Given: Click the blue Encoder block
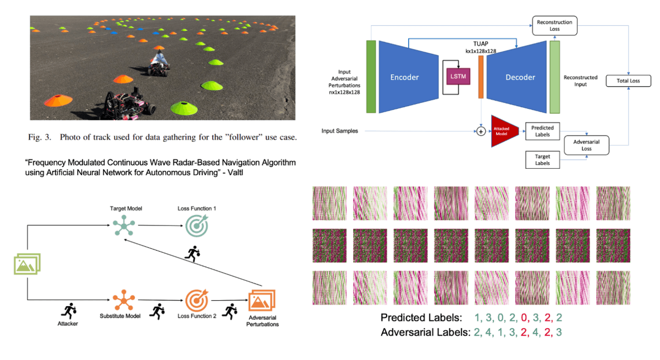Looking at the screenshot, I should [405, 77].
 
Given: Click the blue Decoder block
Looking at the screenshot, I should [520, 77].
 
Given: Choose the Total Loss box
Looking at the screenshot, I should [628, 81].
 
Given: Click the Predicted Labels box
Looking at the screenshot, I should [543, 130].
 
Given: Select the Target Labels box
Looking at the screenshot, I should [543, 160].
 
